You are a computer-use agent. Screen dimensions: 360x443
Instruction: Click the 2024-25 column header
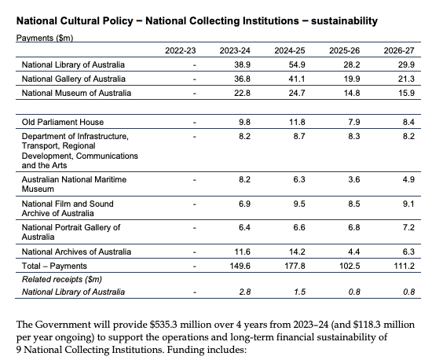(289, 50)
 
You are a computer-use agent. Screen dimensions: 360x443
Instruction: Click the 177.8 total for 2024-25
(292, 265)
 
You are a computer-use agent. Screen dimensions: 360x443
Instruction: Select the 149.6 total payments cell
(238, 265)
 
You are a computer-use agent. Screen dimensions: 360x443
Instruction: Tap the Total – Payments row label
(53, 265)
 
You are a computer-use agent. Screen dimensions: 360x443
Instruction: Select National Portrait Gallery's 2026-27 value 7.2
(406, 227)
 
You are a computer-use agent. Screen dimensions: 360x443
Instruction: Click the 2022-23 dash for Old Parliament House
(193, 122)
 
